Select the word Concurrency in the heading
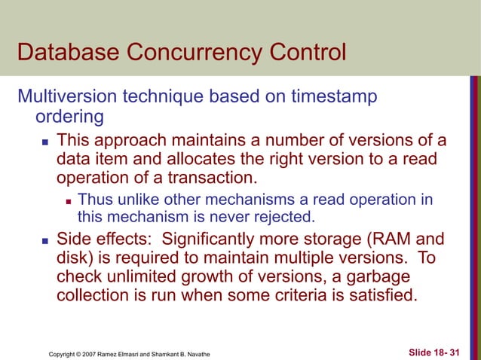tap(197, 53)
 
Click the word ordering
tap(69, 118)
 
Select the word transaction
tap(215, 179)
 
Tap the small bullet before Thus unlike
tap(69, 200)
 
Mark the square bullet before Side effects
tap(44, 240)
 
